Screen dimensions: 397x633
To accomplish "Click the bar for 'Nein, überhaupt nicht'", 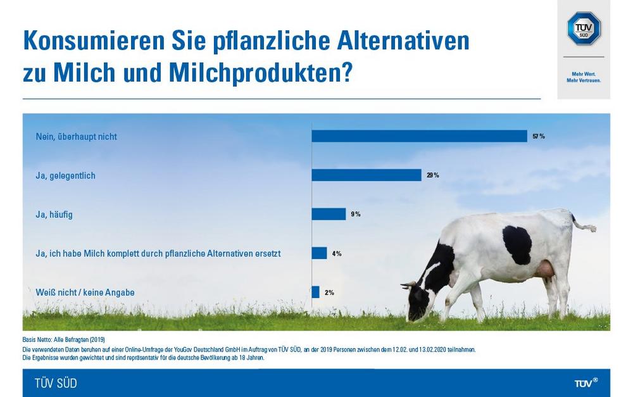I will tap(419, 136).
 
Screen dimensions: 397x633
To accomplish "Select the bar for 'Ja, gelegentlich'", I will tap(367, 175).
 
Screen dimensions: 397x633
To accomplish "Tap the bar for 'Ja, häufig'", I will tap(329, 214).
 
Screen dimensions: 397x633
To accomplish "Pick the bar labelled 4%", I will tap(319, 253).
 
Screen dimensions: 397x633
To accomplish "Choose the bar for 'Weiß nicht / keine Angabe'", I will tap(315, 292).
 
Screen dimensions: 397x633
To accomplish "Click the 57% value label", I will tap(538, 136).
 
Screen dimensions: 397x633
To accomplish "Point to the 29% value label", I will tap(433, 175).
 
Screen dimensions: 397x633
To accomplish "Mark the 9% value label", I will tap(356, 214).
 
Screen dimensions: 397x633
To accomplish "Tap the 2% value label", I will tap(329, 292).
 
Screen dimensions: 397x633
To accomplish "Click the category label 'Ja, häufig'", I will tap(54, 215).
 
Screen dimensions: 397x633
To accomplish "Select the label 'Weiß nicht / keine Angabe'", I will tap(85, 292).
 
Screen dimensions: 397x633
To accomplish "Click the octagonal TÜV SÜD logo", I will tap(583, 28).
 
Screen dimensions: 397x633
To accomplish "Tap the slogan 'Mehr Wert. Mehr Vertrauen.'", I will tap(583, 77).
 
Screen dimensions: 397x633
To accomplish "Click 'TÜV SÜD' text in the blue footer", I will tap(56, 383).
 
